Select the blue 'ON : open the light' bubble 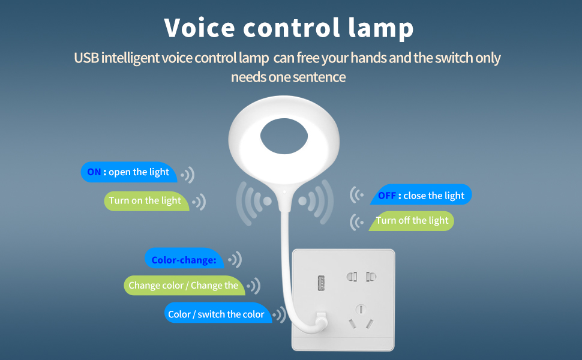tap(128, 172)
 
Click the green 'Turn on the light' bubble tap(145, 201)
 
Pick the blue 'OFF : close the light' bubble tap(421, 196)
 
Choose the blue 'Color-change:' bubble tap(184, 260)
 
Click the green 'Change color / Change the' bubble tap(184, 286)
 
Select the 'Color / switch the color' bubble tap(217, 314)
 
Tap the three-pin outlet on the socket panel tap(361, 317)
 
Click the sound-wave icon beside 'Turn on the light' tap(199, 202)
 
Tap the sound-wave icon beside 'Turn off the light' tap(358, 222)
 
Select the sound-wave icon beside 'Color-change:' tap(234, 260)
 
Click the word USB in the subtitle tap(86, 58)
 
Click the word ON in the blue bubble tap(94, 172)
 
